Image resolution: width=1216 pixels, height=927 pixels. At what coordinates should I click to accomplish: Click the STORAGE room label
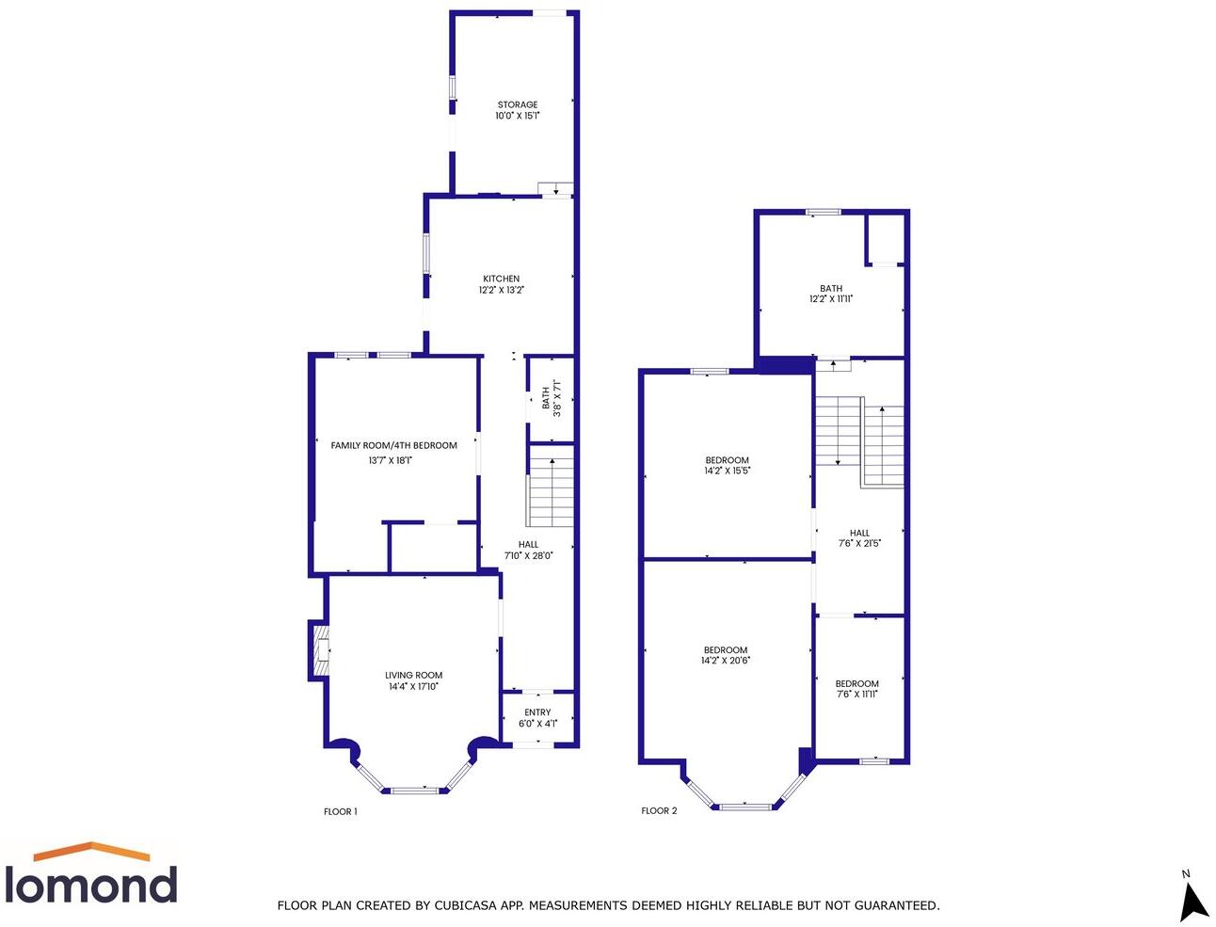tap(518, 105)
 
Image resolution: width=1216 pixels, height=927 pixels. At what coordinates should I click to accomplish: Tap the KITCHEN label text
tap(501, 279)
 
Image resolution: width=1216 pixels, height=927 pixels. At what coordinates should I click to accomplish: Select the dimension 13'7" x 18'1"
tap(390, 460)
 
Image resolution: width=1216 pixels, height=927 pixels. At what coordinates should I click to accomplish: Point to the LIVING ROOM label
tap(413, 675)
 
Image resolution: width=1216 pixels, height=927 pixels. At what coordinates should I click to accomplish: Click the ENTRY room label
tap(537, 712)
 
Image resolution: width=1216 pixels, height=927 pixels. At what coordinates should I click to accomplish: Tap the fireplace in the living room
tap(320, 650)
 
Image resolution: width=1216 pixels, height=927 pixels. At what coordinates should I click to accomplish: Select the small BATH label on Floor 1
tap(546, 398)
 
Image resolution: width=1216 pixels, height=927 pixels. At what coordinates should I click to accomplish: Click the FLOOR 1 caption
tap(340, 811)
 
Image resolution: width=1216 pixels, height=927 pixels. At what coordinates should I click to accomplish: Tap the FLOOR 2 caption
tap(659, 810)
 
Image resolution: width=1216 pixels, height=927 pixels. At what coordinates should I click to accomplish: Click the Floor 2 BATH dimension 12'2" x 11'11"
tap(831, 299)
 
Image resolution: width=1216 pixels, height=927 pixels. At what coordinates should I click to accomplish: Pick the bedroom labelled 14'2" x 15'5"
tap(727, 466)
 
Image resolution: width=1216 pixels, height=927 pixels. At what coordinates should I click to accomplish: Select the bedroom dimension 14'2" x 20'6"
tap(726, 661)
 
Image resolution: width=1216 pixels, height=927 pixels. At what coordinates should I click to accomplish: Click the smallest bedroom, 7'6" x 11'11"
tap(857, 689)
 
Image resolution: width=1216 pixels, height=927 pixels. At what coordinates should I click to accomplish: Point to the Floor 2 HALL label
tap(859, 533)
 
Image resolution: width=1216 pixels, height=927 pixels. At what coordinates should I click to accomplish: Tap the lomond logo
tap(91, 875)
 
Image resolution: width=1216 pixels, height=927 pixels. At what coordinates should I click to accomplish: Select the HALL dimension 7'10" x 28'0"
tap(528, 555)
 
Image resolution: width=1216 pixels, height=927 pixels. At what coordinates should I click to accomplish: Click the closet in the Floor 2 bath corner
tap(885, 239)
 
